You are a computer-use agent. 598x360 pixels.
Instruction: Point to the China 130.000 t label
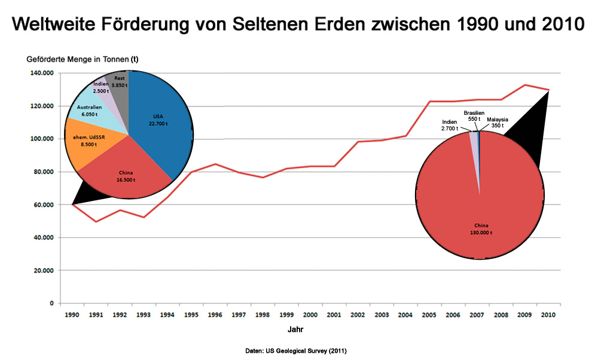click(481, 228)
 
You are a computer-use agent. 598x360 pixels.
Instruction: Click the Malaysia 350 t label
click(497, 123)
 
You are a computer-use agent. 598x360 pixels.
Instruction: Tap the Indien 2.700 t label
click(450, 125)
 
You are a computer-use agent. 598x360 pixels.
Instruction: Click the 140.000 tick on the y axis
click(41, 74)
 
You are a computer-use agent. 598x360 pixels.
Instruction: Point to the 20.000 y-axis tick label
click(43, 270)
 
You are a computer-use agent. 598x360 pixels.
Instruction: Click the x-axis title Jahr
click(295, 329)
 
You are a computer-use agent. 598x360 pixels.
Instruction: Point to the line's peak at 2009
click(525, 85)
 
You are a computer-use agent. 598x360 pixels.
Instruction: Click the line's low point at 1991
click(96, 222)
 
